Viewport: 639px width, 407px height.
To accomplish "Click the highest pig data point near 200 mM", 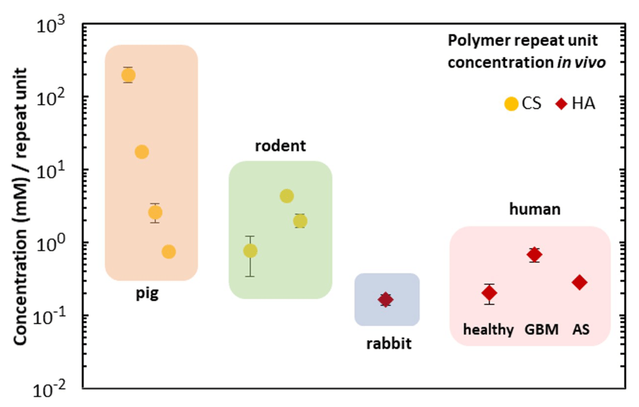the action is [128, 75].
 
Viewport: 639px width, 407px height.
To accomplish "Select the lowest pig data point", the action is [169, 252].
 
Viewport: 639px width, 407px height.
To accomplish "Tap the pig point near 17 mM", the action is [141, 152].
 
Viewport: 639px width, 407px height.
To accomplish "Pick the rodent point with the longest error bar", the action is [250, 251].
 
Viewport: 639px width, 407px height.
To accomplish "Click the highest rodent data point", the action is [287, 196].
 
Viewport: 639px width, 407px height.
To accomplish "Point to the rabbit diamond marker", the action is [385, 300].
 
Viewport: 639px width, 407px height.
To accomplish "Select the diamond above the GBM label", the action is [534, 255].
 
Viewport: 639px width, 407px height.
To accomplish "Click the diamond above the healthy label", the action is [489, 293].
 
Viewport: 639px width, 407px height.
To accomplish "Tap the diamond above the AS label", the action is [580, 283].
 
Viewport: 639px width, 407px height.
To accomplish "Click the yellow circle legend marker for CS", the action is [511, 104].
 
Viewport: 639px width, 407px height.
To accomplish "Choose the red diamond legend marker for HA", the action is [562, 104].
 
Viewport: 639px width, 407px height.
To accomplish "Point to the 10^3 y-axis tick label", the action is [50, 27].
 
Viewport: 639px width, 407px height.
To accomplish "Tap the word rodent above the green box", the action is [281, 145].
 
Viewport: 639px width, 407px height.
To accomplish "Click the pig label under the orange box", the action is [147, 293].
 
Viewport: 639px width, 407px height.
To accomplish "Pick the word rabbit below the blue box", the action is [389, 344].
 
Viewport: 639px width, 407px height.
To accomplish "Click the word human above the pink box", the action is [535, 209].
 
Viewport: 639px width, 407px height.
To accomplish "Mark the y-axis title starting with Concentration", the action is [20, 207].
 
